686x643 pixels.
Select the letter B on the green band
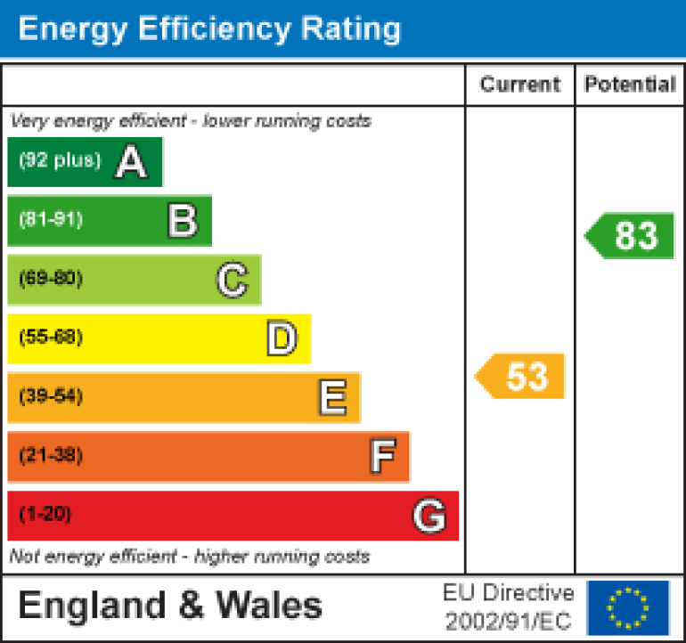(x=182, y=220)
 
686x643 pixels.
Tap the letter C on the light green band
(x=232, y=280)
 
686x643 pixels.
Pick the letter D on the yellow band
(x=282, y=338)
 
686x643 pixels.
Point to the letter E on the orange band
(x=332, y=398)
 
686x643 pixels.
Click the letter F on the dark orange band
(x=382, y=457)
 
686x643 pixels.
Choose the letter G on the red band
(x=429, y=516)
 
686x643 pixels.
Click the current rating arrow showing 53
(x=521, y=376)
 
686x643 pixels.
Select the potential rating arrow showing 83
(x=631, y=236)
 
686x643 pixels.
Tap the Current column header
(x=520, y=85)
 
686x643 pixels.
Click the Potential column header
(x=630, y=85)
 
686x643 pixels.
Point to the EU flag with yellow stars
(x=628, y=607)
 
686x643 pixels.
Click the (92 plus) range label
(x=60, y=161)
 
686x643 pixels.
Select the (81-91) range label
(x=51, y=220)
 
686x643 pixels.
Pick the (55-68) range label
(x=51, y=338)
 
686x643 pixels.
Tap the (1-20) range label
(x=45, y=515)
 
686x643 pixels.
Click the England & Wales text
(x=169, y=606)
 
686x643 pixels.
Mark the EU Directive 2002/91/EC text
(x=509, y=607)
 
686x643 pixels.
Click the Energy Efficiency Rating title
(x=209, y=29)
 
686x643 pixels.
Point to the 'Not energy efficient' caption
(x=189, y=558)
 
